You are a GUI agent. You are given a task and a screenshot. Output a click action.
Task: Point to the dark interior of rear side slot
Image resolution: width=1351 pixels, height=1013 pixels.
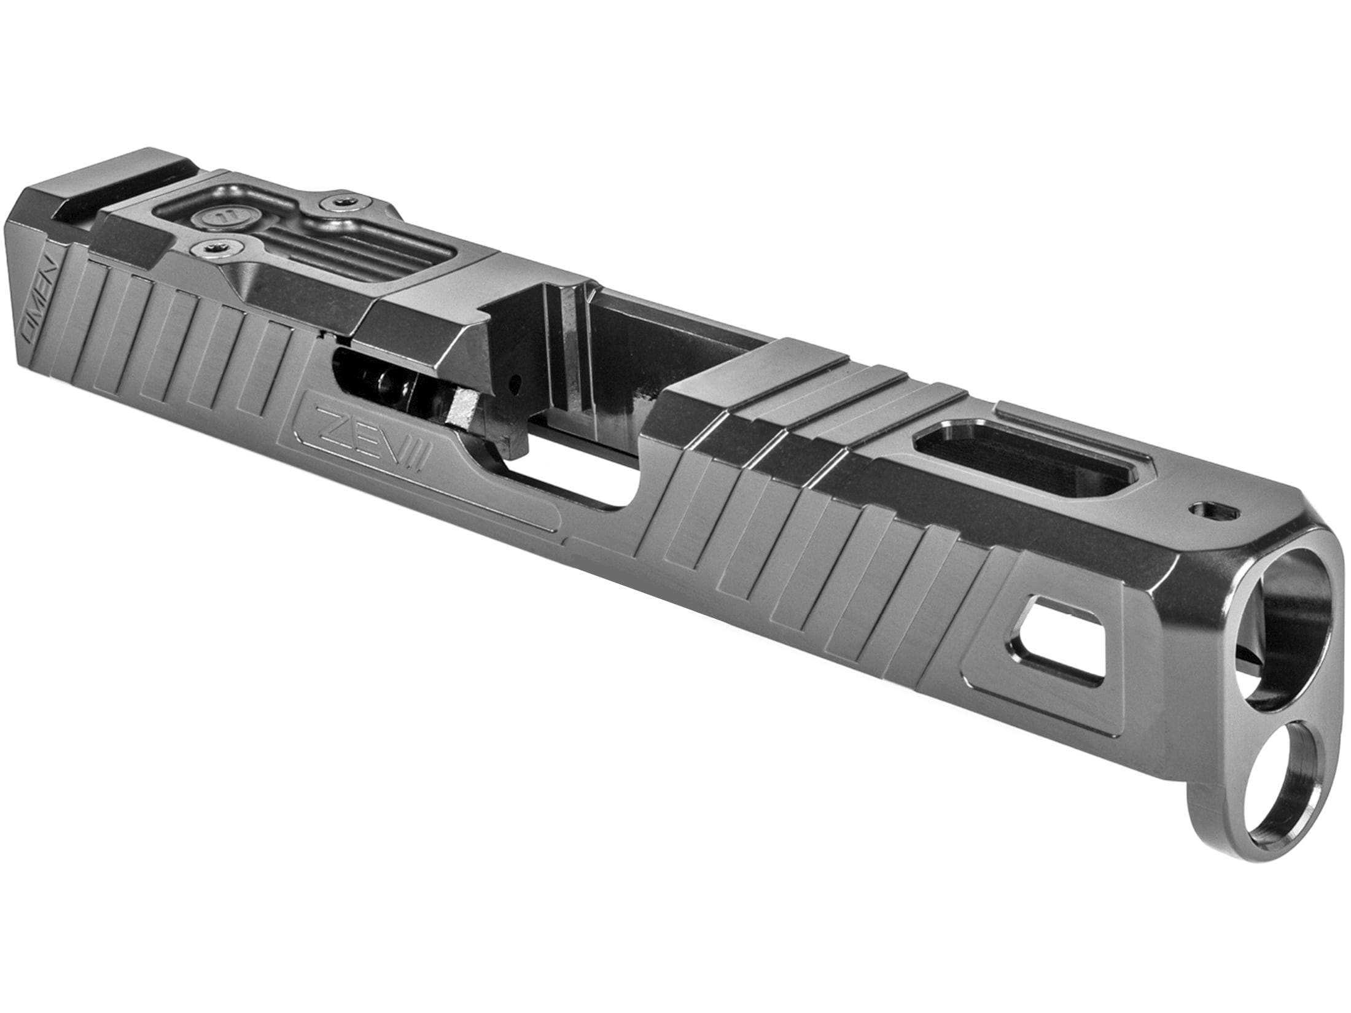coord(368,381)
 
